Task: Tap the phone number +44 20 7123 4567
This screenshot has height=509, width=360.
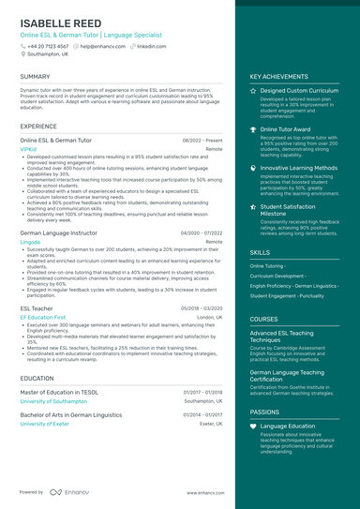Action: click(47, 45)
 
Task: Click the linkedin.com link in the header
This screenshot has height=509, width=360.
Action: click(151, 45)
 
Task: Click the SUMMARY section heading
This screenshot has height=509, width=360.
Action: click(35, 77)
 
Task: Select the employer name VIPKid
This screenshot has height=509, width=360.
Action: click(28, 148)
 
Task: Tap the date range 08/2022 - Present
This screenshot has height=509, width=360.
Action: click(202, 140)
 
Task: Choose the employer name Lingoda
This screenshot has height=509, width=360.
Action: click(31, 241)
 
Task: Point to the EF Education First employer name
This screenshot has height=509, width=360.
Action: click(43, 317)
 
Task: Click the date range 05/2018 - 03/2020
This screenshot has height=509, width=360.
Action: click(202, 308)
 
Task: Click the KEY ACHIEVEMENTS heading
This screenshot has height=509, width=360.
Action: click(278, 77)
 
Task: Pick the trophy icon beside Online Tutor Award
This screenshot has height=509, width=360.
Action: click(253, 129)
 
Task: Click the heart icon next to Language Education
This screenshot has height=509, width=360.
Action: click(253, 426)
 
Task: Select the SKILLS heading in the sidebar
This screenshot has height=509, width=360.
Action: click(260, 252)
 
